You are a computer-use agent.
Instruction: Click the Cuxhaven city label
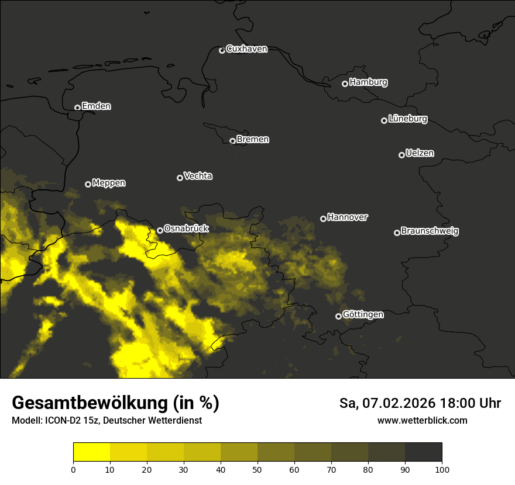click(246, 49)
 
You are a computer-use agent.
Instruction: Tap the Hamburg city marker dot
click(345, 84)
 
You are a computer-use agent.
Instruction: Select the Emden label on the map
click(96, 106)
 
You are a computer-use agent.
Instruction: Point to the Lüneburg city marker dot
click(384, 120)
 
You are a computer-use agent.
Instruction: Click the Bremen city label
click(253, 140)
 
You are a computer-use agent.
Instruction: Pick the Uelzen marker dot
click(401, 155)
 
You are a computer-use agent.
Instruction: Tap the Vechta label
click(198, 176)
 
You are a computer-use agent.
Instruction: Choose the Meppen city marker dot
click(88, 184)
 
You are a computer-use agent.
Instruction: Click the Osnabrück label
click(186, 228)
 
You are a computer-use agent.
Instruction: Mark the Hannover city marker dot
click(323, 219)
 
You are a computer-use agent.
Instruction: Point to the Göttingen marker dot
click(338, 316)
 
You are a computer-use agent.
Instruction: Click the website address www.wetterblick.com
click(423, 421)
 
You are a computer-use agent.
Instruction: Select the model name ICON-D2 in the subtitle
click(64, 421)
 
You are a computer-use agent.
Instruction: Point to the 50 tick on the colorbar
click(257, 469)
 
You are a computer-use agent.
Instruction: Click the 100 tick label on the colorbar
click(442, 469)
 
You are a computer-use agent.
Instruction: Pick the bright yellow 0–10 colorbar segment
click(92, 452)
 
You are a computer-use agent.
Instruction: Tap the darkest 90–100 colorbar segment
click(423, 452)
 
